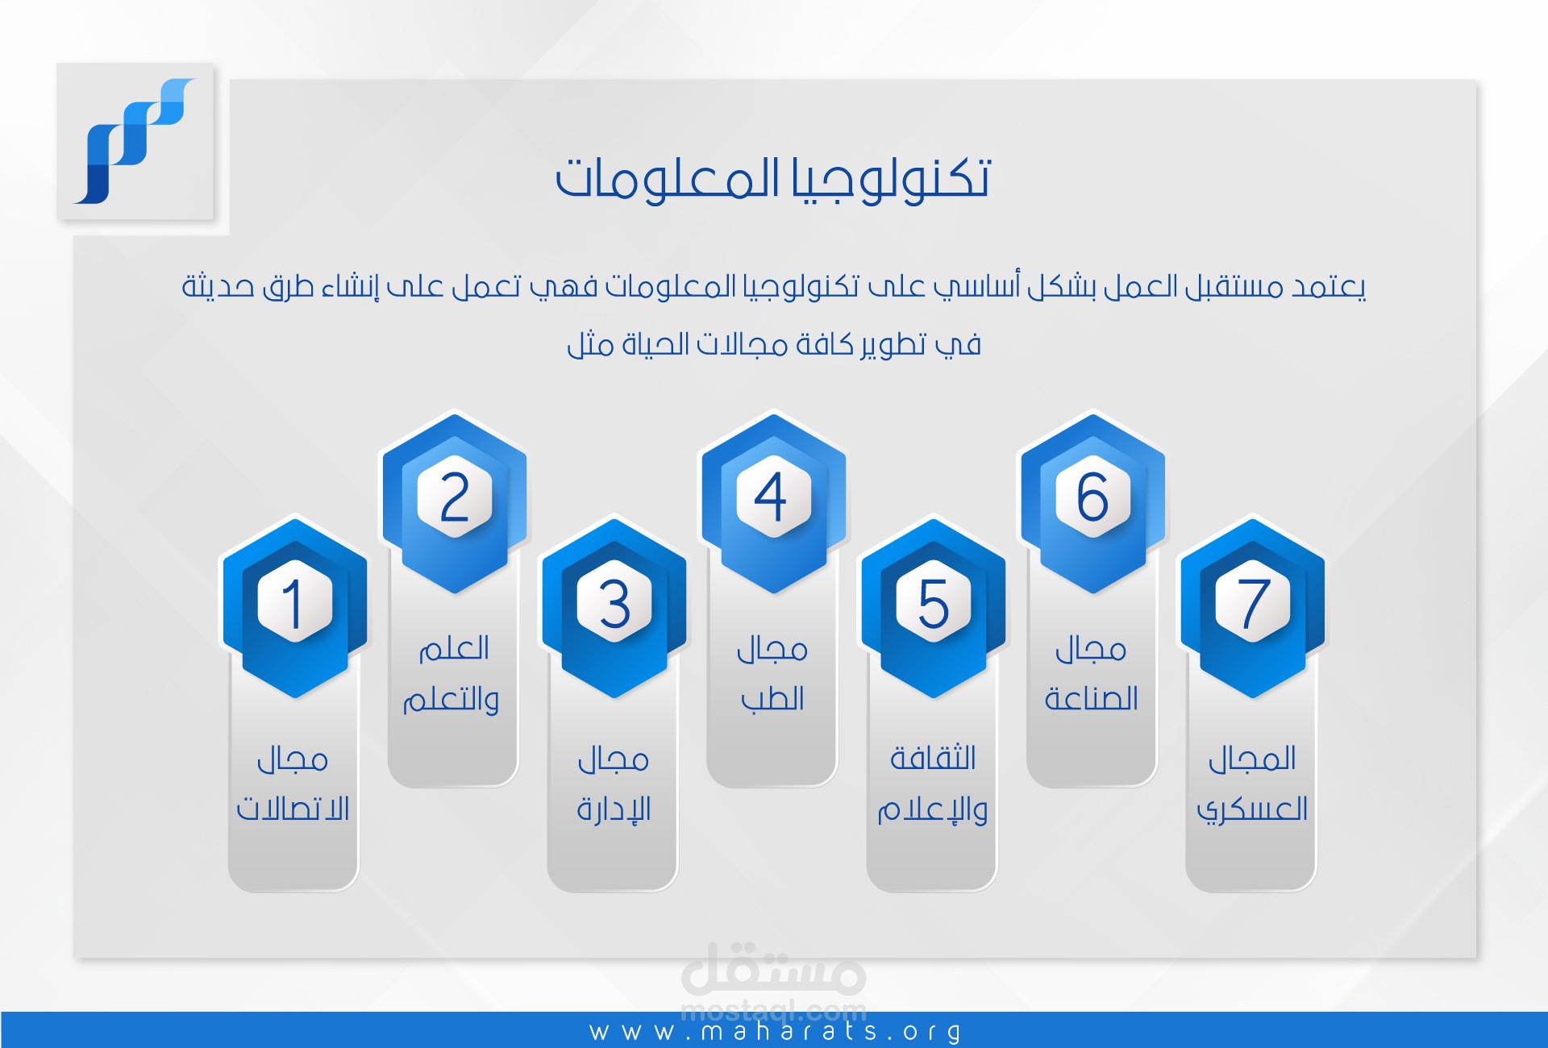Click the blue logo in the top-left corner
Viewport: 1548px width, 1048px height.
point(135,141)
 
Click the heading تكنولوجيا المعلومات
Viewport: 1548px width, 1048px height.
point(772,179)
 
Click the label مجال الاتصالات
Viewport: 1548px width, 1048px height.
point(293,784)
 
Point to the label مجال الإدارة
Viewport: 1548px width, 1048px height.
point(614,784)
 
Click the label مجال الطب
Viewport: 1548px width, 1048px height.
point(772,674)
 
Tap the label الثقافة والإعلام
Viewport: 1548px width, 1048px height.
point(933,784)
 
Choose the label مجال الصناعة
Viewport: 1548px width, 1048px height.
point(1091,674)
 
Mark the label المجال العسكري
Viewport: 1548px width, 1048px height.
point(1252,784)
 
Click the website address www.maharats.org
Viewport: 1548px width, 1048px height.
point(776,1032)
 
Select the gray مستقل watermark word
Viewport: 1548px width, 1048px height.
point(774,967)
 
